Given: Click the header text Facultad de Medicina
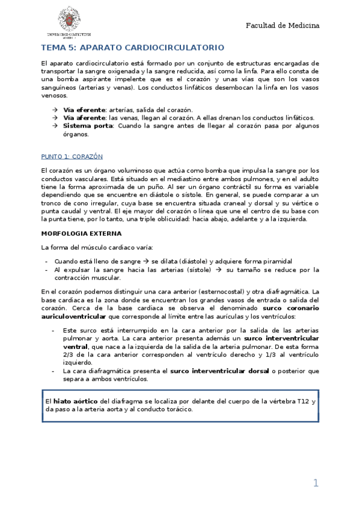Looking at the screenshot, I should [x=282, y=26].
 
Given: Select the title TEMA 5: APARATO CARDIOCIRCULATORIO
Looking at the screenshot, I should [x=132, y=47].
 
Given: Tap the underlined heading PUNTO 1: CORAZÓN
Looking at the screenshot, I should [x=72, y=156].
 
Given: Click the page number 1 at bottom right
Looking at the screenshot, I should [x=316, y=483].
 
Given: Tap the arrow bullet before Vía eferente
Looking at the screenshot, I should [x=55, y=110].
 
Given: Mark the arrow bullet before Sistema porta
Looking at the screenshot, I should [x=55, y=126].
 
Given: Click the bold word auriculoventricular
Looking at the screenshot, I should [x=73, y=316].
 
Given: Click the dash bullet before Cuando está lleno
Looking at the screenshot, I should [x=46, y=262].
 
